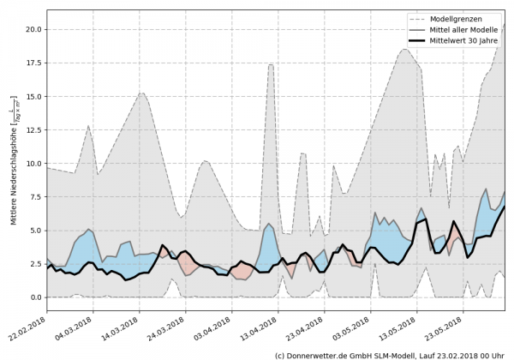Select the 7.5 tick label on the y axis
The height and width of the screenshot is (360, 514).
[x=34, y=196]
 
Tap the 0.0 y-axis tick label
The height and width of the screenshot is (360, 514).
[x=34, y=297]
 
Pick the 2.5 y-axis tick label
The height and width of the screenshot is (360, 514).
[x=34, y=264]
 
